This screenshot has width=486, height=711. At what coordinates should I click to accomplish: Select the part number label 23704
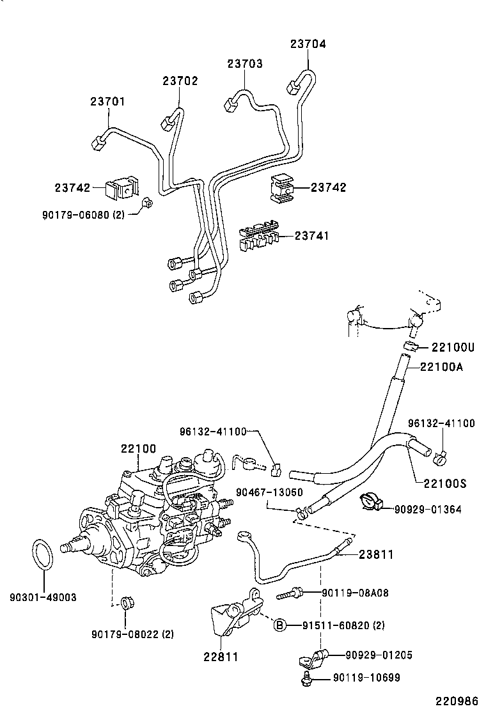tap(308, 44)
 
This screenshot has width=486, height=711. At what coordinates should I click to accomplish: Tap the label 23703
tap(245, 64)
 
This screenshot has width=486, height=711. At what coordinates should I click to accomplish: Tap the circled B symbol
tap(279, 625)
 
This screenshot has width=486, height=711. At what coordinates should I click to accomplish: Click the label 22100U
tap(453, 347)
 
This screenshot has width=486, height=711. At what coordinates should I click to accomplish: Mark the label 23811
tap(375, 554)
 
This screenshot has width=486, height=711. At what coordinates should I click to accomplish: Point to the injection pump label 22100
tap(138, 449)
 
